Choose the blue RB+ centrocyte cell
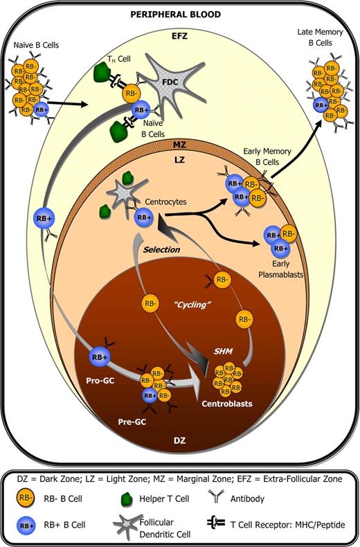(x=144, y=217)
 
